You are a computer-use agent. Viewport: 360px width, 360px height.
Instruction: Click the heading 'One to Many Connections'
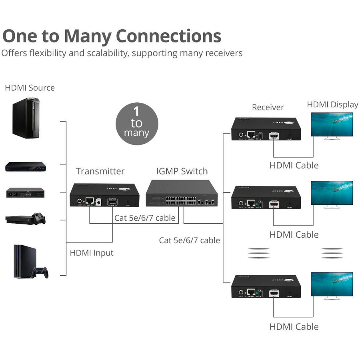point(112,36)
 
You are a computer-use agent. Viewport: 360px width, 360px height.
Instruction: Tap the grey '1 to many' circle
point(137,123)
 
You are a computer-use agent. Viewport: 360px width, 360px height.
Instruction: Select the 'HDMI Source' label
point(30,88)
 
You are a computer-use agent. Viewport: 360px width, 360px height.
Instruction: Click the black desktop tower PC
point(26,118)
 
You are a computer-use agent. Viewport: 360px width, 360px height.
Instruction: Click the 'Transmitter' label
point(100,171)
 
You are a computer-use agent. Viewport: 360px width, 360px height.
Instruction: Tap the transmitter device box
point(104,195)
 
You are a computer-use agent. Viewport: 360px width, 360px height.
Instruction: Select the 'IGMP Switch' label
point(182,171)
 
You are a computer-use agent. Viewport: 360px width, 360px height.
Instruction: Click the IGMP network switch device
point(182,193)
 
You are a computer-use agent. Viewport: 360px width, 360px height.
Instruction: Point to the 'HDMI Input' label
point(92,253)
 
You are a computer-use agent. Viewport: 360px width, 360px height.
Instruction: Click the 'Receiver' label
point(268,107)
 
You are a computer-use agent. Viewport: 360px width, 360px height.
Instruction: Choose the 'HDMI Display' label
point(332,104)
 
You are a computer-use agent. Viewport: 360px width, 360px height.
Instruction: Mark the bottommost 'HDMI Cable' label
point(294,326)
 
